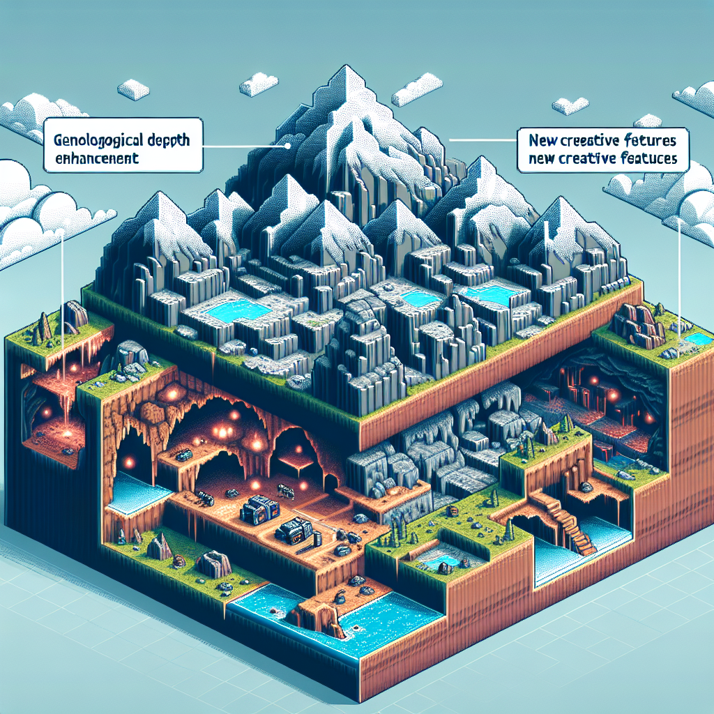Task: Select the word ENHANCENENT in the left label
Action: pos(96,158)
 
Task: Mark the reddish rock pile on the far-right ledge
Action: pos(638,324)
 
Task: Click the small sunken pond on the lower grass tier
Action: pos(439,560)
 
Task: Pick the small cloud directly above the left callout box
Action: pos(133,89)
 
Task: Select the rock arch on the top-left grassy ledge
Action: pos(75,314)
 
